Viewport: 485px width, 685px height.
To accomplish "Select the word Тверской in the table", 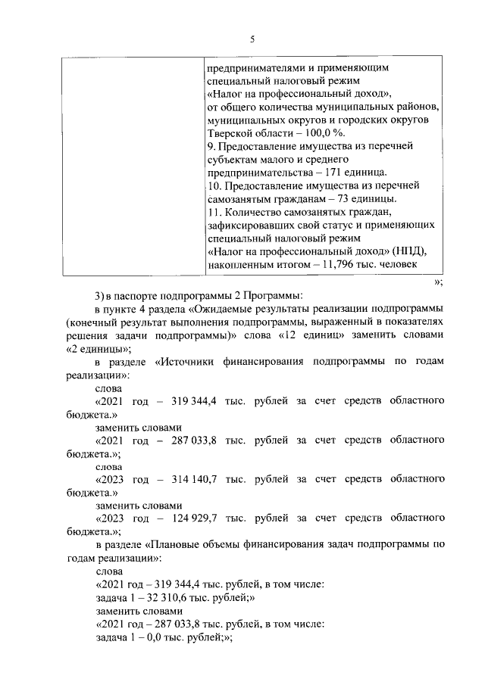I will click(228, 132).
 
